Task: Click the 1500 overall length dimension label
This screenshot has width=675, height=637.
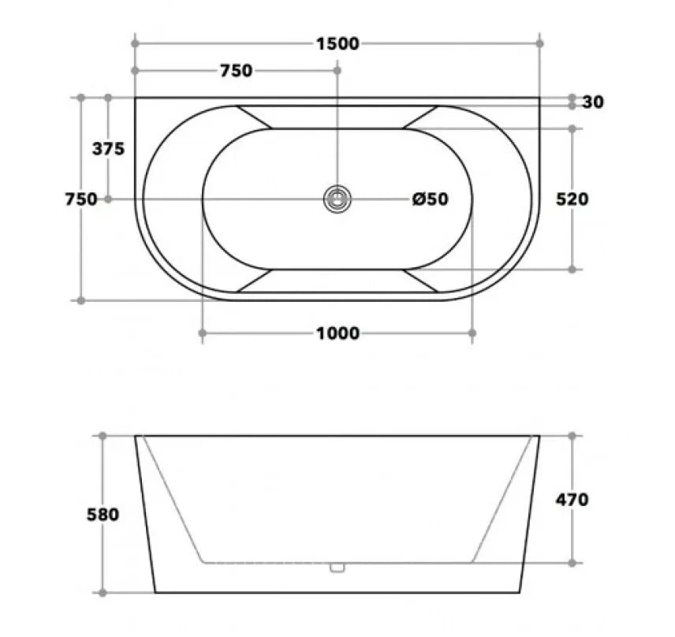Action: pyautogui.click(x=337, y=43)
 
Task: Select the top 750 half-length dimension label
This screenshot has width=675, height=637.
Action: pyautogui.click(x=236, y=71)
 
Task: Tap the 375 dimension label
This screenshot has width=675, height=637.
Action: pyautogui.click(x=108, y=148)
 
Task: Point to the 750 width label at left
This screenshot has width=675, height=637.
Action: pyautogui.click(x=80, y=199)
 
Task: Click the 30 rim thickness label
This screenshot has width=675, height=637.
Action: pyautogui.click(x=594, y=102)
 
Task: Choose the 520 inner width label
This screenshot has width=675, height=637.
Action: pyautogui.click(x=572, y=199)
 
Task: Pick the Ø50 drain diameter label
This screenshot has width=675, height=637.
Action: pyautogui.click(x=431, y=199)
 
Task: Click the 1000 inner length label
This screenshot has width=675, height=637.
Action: pyautogui.click(x=337, y=333)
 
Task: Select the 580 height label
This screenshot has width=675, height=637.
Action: pyautogui.click(x=103, y=515)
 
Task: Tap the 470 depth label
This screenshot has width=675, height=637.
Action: pyautogui.click(x=572, y=499)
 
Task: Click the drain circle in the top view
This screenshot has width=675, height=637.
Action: pyautogui.click(x=337, y=199)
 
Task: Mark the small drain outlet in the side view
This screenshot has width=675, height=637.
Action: pyautogui.click(x=337, y=566)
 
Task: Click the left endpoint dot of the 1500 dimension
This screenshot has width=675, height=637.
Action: pyautogui.click(x=135, y=43)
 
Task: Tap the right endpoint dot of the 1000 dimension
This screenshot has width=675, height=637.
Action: pyautogui.click(x=472, y=333)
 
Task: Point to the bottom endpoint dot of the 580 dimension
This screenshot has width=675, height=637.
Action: pyautogui.click(x=103, y=592)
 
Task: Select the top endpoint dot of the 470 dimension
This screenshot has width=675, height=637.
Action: pyautogui.click(x=572, y=435)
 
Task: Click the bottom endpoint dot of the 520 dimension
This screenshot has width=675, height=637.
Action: pyautogui.click(x=572, y=270)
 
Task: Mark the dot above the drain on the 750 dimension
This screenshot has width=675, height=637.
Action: pyautogui.click(x=337, y=71)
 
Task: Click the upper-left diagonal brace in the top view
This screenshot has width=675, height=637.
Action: pyautogui.click(x=253, y=117)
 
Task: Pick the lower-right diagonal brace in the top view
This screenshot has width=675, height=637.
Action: pyautogui.click(x=420, y=281)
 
